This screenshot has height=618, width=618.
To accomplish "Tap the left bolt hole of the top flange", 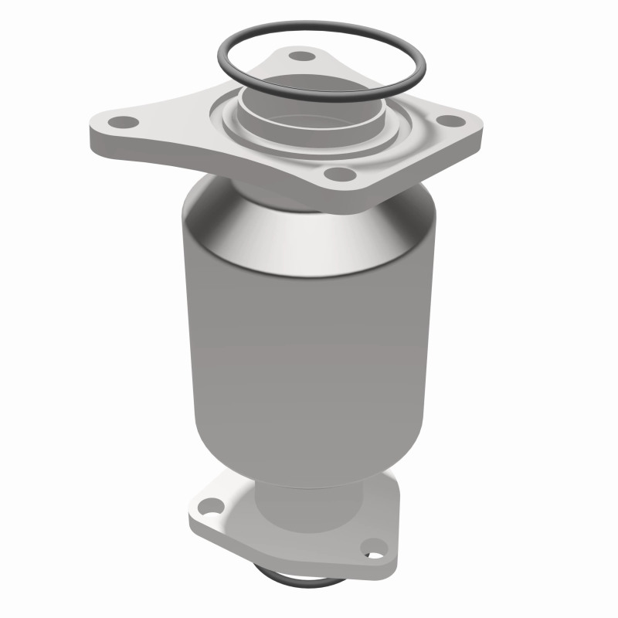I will click(119, 122).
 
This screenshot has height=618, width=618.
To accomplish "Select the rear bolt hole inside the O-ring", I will click(297, 56).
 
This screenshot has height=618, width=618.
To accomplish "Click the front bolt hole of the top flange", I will click(334, 174).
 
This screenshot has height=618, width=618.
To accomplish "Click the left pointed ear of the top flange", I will click(97, 127).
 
